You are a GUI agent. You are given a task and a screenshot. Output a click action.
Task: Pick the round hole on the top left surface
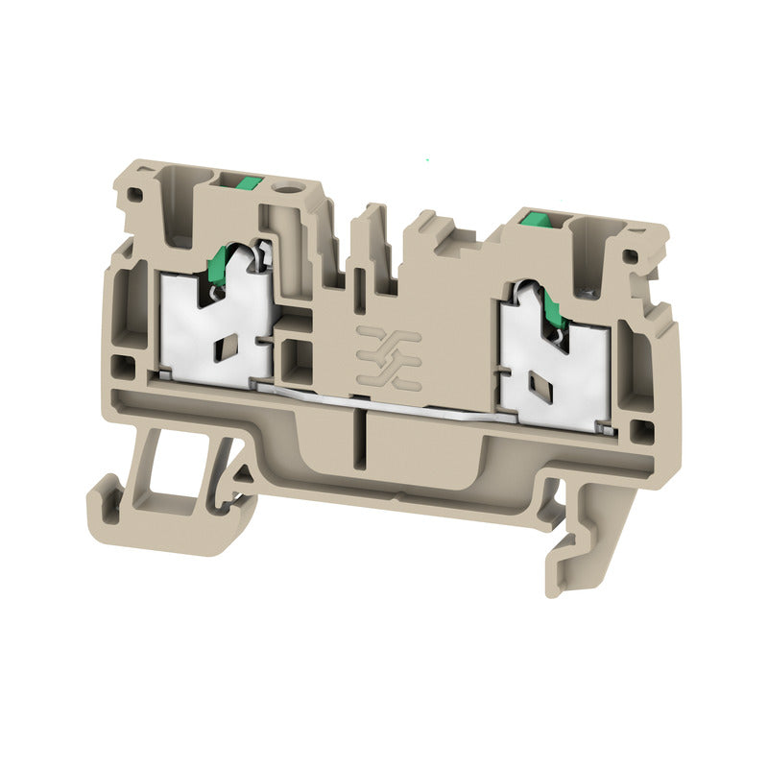coord(284,181)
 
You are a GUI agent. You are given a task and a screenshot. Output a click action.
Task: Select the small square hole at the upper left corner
coord(135,194)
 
